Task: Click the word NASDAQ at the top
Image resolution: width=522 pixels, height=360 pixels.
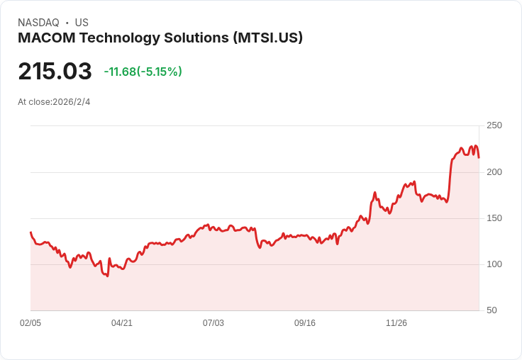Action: [38, 23]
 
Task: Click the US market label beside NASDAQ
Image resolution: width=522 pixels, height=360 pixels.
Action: [82, 23]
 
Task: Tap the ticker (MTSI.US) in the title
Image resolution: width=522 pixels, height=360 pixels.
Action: [267, 38]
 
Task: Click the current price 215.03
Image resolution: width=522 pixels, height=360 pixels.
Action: [55, 71]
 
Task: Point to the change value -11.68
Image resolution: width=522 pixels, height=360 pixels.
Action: [120, 72]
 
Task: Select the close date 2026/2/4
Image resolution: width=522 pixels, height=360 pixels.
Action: [71, 102]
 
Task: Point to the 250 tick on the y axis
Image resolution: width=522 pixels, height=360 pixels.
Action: [494, 125]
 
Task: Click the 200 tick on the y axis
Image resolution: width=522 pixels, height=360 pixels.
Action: [494, 171]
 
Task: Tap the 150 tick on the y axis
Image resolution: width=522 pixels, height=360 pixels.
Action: [494, 218]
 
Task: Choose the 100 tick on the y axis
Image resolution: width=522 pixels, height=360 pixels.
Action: [494, 264]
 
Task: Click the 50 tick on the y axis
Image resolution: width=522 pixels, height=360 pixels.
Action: [492, 310]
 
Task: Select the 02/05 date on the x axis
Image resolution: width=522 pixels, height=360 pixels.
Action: [30, 323]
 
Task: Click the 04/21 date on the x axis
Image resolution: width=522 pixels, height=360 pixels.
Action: [122, 323]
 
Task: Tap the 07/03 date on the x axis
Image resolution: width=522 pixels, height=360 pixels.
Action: [213, 323]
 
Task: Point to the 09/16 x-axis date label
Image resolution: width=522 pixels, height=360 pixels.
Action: [305, 323]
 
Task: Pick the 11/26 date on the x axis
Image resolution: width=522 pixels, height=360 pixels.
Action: [396, 323]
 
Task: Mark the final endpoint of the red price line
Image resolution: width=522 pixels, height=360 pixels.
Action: [479, 157]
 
